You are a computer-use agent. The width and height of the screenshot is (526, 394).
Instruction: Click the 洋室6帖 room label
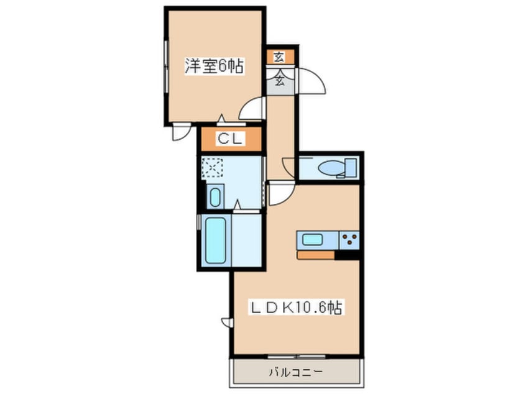(x=214, y=66)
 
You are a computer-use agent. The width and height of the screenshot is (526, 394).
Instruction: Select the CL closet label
(x=230, y=139)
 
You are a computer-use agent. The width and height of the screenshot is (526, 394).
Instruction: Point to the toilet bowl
(x=330, y=168)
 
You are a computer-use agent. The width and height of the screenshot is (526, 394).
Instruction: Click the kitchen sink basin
(x=313, y=240)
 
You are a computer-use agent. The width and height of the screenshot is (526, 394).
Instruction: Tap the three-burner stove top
(x=349, y=240)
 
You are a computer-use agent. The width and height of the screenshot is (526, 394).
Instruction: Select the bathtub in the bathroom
(x=215, y=240)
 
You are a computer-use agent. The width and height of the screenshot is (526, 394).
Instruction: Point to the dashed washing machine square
(x=212, y=167)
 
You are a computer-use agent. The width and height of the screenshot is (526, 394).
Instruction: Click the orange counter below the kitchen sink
(x=316, y=255)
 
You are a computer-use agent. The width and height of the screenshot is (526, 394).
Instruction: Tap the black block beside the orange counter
(x=347, y=255)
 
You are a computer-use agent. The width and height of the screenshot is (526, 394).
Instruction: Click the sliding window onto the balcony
(x=297, y=356)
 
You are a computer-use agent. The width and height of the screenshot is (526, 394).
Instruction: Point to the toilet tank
(x=351, y=168)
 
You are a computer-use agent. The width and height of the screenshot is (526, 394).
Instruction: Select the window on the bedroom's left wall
(x=166, y=66)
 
